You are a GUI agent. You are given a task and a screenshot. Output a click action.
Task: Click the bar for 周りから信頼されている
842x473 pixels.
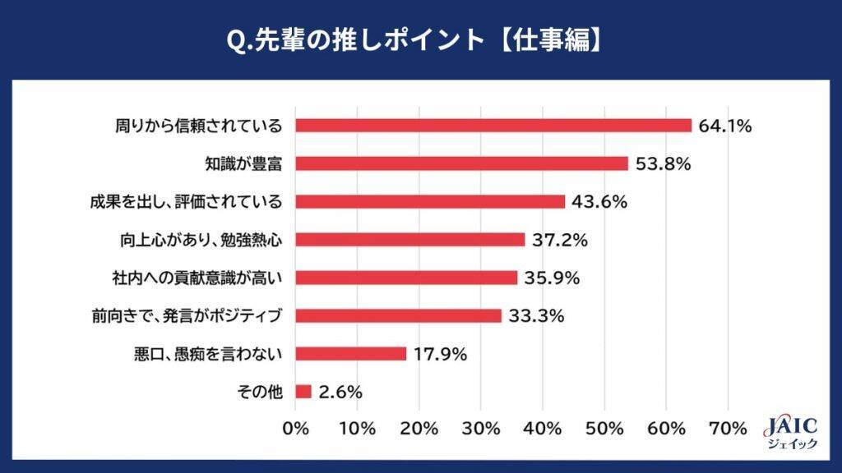tap(493, 126)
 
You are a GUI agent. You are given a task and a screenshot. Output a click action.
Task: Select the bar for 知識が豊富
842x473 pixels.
tap(461, 163)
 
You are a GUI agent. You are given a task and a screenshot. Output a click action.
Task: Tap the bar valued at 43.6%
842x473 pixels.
tap(430, 201)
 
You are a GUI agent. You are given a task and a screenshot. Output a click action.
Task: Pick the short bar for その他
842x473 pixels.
tap(303, 392)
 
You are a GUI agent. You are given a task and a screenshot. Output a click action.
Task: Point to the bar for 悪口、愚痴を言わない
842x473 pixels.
tap(351, 354)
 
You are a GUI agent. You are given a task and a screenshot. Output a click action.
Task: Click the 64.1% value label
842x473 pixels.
tap(726, 126)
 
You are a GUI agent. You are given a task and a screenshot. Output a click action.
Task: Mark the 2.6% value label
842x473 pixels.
tap(340, 392)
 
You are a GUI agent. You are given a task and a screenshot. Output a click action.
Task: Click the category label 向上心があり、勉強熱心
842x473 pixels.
tap(201, 240)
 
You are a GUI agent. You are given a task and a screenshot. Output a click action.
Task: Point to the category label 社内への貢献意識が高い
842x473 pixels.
tap(197, 278)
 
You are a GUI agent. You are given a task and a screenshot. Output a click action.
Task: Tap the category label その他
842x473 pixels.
tap(261, 392)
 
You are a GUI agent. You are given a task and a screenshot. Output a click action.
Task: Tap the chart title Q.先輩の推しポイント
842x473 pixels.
tap(421, 39)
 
